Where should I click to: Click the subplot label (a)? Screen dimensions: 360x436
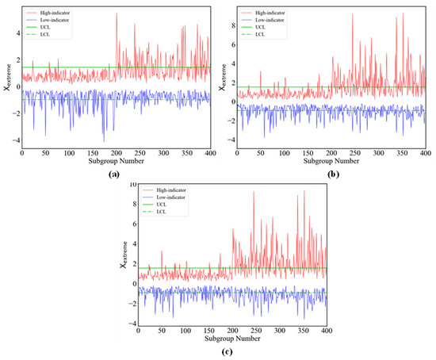pos(115,172)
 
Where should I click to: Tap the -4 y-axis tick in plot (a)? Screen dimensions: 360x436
pos(15,141)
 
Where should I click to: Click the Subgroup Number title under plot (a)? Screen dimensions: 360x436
pos(116,162)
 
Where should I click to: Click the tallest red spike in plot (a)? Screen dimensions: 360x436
pos(117,13)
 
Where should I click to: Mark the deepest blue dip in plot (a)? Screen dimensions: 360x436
pos(104,141)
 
